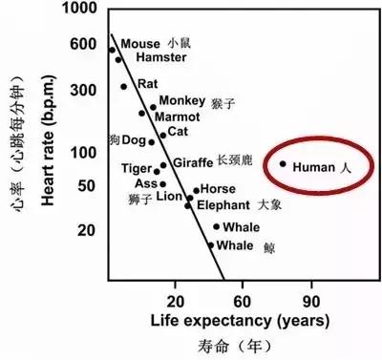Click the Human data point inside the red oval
pyautogui.click(x=283, y=164)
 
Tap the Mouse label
pyautogui.click(x=140, y=44)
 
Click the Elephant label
pyautogui.click(x=223, y=204)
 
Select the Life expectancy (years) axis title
pyautogui.click(x=241, y=319)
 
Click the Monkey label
pyautogui.click(x=180, y=100)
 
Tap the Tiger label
pyautogui.click(x=138, y=169)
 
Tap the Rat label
pyautogui.click(x=147, y=84)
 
